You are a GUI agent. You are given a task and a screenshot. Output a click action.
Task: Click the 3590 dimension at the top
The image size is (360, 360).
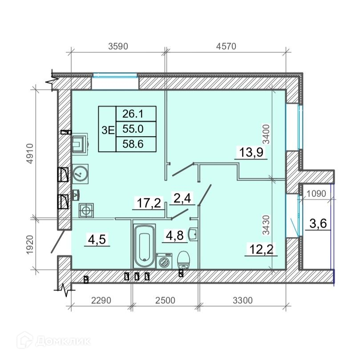118,46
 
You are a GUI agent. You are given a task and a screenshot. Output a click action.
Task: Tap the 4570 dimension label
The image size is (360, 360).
226,46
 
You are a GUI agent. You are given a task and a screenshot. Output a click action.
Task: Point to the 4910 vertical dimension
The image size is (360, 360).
30,154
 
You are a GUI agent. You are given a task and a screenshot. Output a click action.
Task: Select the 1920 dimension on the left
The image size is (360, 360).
30,244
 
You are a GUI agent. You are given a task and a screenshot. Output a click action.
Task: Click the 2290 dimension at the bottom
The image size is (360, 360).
101,300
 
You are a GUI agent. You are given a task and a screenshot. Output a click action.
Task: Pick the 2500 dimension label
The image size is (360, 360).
165,300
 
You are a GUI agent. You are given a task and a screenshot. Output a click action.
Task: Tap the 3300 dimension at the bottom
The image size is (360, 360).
243,300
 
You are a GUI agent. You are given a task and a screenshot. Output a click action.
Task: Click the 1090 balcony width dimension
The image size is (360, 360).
316,194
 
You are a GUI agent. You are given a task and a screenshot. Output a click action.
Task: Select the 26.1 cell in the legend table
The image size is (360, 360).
133,113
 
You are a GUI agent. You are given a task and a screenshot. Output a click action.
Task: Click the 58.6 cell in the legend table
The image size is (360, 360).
133,144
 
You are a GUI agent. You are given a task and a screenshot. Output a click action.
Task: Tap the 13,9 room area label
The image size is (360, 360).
251,152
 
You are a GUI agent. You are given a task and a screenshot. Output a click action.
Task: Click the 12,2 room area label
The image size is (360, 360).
261,249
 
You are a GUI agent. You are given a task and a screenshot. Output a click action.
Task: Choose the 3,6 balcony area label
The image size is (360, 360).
318,223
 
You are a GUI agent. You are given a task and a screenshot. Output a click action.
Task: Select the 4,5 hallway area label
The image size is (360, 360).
97,239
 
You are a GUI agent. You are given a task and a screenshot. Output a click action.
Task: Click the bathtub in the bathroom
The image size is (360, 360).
145,246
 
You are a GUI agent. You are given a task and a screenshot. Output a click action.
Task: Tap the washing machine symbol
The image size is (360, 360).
164,261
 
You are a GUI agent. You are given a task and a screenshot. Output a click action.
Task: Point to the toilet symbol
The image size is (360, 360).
184,260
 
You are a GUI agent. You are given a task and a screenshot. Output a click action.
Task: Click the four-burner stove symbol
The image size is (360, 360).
86,210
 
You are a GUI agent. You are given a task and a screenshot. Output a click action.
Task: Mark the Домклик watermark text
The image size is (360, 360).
63,341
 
